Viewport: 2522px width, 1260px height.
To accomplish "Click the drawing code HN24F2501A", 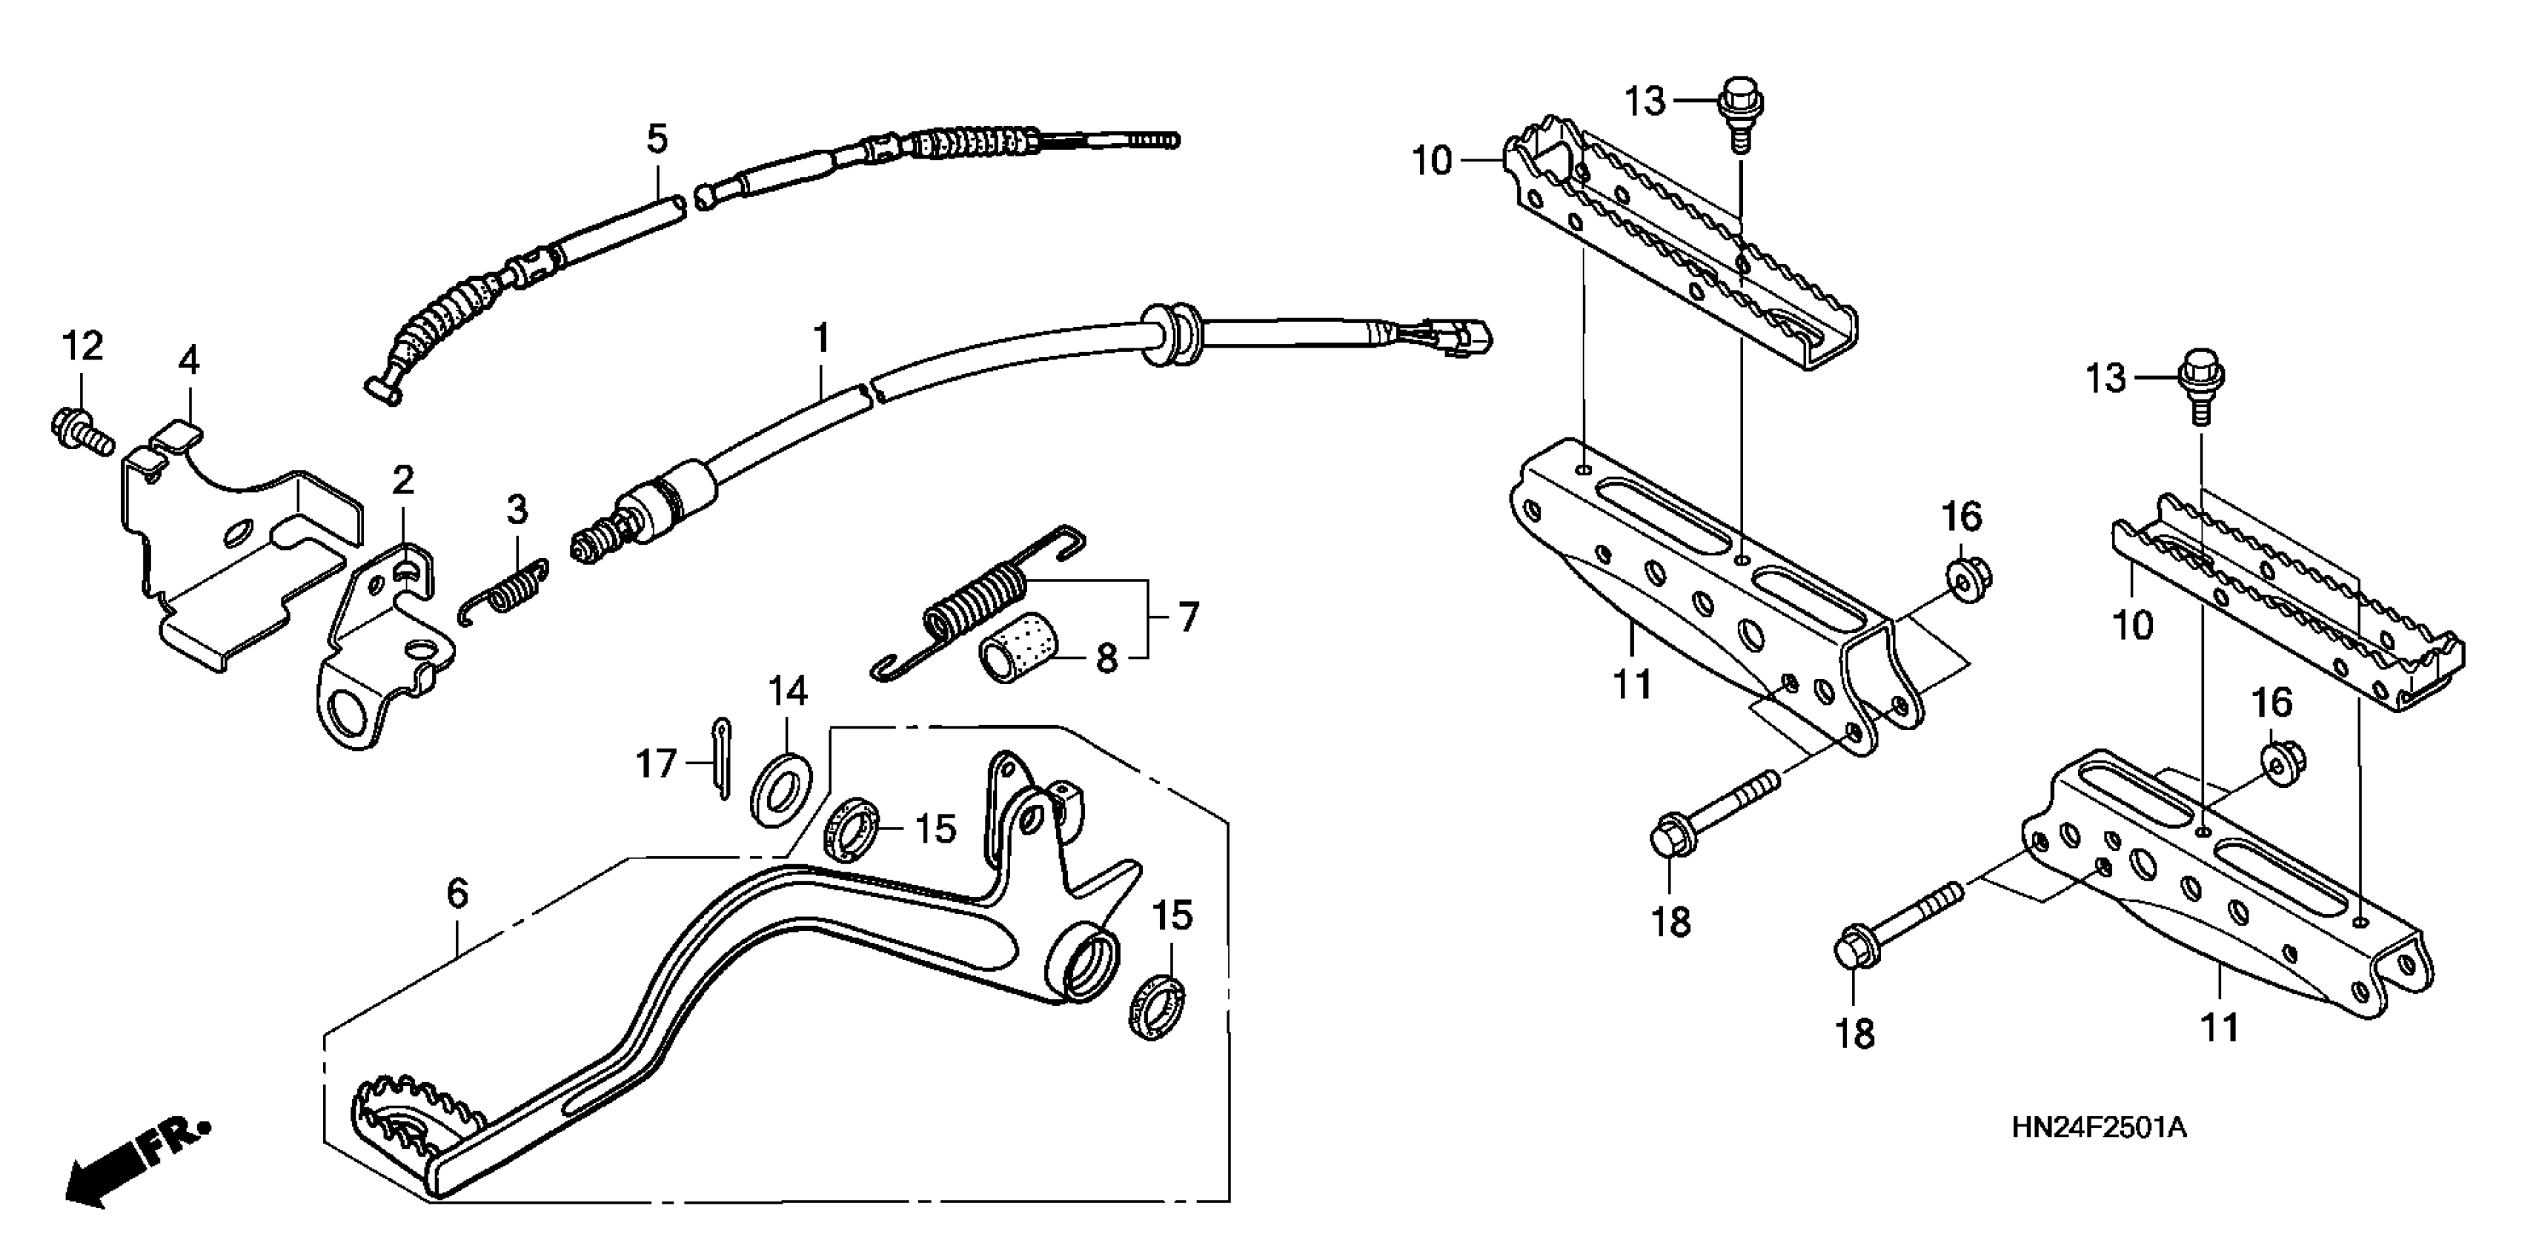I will (2098, 1128).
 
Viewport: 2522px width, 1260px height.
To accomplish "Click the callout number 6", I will (457, 893).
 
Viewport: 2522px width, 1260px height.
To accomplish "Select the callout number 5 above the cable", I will (657, 139).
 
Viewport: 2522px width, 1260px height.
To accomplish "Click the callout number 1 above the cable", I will (821, 339).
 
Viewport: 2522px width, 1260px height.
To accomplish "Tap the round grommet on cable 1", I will (1171, 333).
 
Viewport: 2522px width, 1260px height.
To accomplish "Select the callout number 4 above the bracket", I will (189, 361).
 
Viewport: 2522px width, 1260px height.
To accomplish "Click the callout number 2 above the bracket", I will (403, 481).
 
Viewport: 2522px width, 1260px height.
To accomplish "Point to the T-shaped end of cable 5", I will (385, 391).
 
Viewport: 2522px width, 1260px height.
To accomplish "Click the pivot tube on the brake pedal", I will (1086, 964).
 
